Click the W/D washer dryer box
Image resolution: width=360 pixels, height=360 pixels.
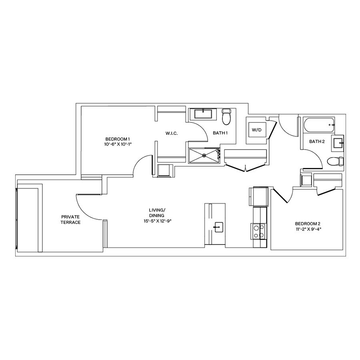coord(256,130)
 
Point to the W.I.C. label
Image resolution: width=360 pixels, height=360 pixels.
coord(171,133)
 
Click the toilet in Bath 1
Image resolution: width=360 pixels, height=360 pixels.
coord(227,116)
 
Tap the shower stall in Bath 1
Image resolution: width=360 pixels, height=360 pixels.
coord(204,155)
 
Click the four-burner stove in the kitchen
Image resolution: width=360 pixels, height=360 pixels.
coord(259,231)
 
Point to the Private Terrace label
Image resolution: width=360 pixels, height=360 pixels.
coord(71,219)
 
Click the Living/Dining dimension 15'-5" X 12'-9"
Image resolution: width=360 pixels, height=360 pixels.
coord(160,221)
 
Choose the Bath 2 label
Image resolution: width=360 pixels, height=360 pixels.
coord(316,141)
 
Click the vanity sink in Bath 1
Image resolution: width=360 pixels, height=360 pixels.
coord(204,114)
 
